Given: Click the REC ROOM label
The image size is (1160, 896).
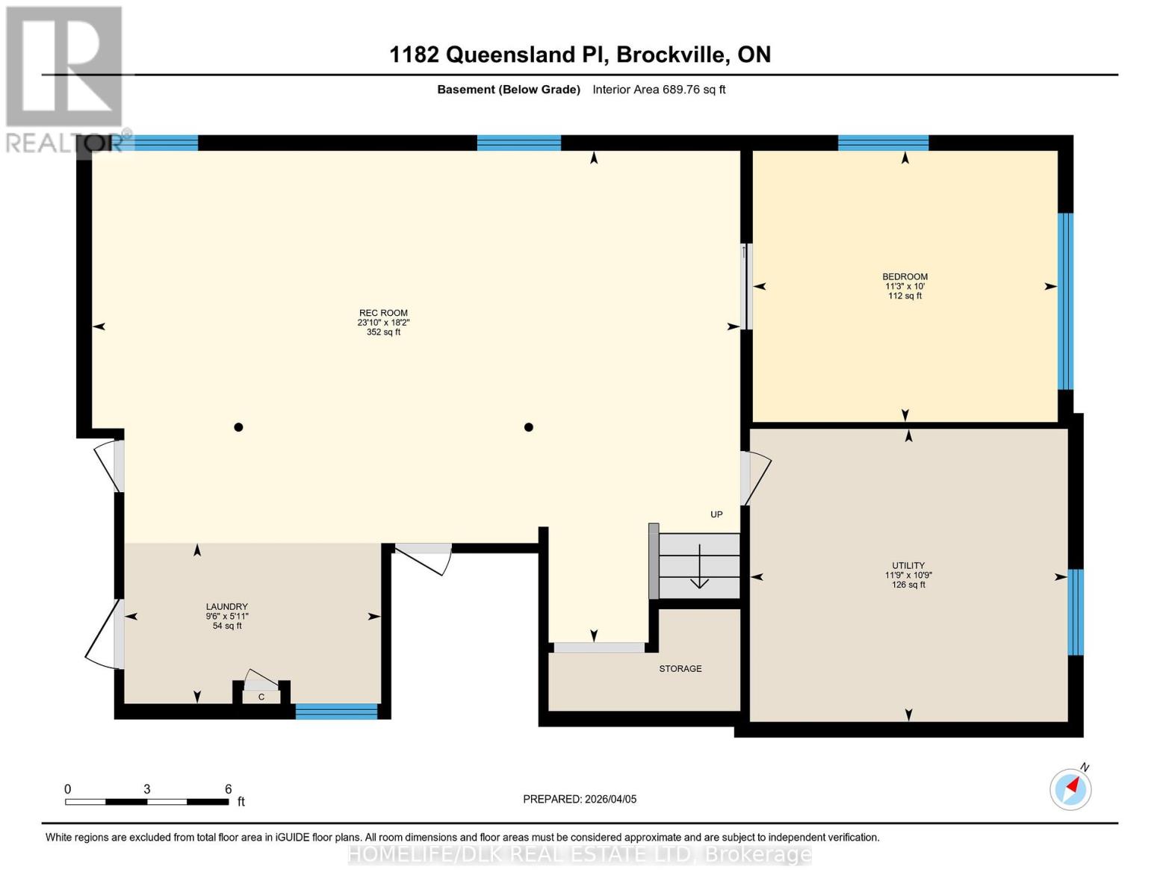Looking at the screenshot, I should click(x=383, y=314).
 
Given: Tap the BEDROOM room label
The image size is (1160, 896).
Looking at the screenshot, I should click(x=905, y=277).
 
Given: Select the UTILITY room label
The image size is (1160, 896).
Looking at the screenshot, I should click(x=908, y=566).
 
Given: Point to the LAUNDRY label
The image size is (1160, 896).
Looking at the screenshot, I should click(x=226, y=607).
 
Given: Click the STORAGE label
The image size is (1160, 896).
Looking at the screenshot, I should click(x=680, y=669).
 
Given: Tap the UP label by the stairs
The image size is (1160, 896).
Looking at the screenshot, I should click(x=716, y=514).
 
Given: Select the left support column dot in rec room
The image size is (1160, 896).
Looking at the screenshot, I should click(x=238, y=427).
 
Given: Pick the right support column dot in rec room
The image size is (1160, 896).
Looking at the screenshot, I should click(x=528, y=427).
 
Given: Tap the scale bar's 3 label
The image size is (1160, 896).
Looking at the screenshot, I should click(x=147, y=789).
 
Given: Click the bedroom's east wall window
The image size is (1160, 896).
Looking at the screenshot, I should click(x=1065, y=302).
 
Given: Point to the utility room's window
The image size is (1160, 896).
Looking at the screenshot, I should click(x=1075, y=612).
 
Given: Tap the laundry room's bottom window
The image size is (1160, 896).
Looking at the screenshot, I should click(x=336, y=711).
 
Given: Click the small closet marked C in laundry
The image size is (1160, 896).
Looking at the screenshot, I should click(x=261, y=696).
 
